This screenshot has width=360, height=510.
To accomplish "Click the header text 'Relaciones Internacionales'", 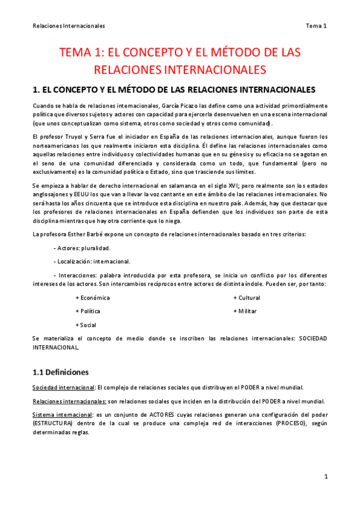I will click(x=69, y=26).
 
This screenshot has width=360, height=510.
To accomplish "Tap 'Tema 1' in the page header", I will click(x=316, y=26).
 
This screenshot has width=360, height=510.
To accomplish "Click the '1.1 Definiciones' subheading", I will click(x=60, y=372).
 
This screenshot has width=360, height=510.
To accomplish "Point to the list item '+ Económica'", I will click(x=93, y=298).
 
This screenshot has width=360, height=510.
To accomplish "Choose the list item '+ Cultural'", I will click(x=246, y=298).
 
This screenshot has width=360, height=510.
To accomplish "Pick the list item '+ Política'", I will click(x=88, y=312).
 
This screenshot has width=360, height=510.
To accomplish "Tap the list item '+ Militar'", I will click(x=245, y=312).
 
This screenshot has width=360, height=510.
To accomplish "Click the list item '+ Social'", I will click(x=85, y=325).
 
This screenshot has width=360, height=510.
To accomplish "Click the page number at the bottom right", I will click(x=325, y=477).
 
